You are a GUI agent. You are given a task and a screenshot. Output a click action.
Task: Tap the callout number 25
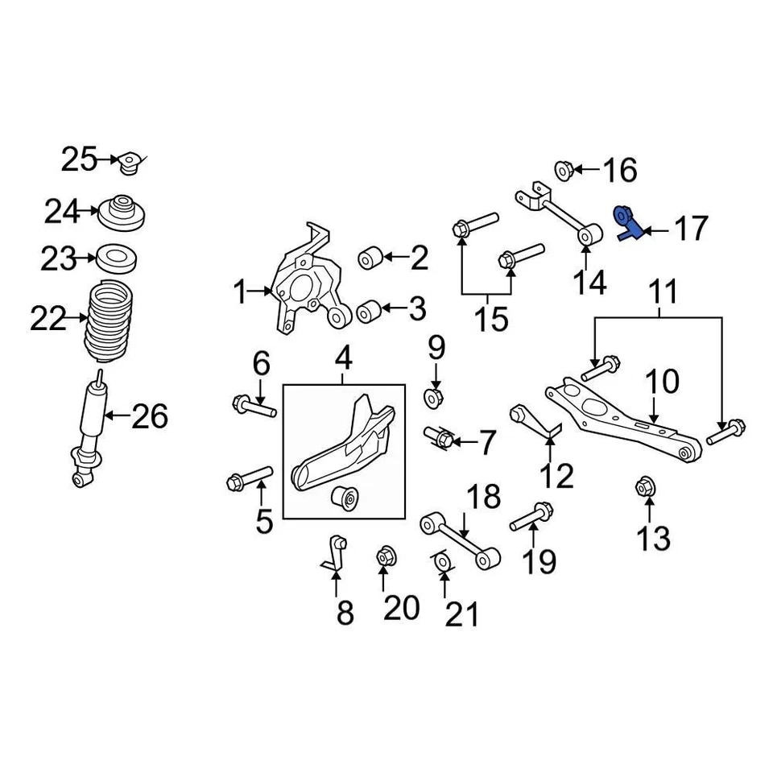tap(79, 159)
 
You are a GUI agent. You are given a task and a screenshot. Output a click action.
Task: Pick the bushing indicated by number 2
tap(370, 258)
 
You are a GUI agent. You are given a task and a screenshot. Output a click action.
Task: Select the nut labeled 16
tap(564, 169)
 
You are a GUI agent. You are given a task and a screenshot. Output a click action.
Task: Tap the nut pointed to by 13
tap(645, 486)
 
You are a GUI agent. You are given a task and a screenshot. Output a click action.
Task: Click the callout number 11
tap(663, 292)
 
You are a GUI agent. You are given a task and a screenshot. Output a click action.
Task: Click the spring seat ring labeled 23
tap(120, 259)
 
